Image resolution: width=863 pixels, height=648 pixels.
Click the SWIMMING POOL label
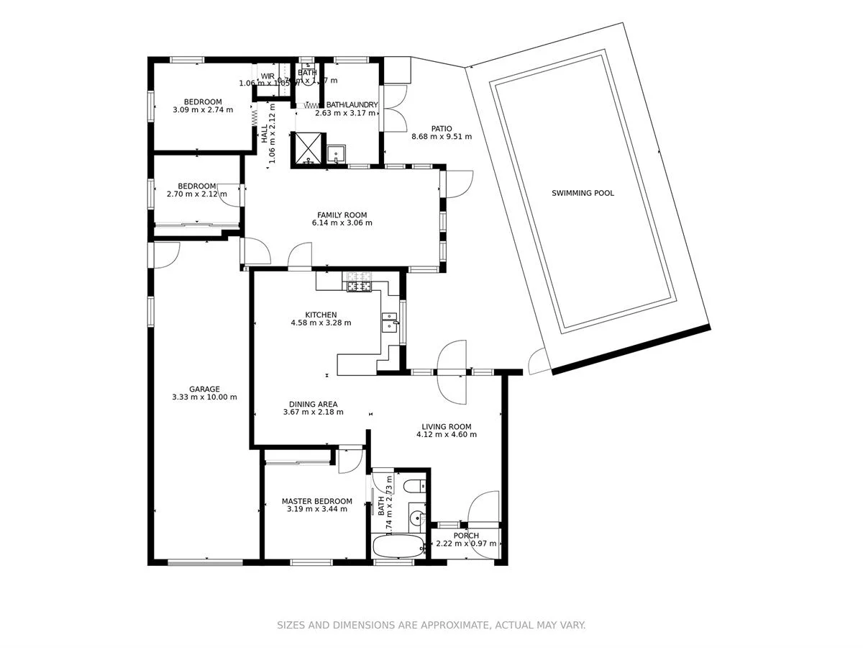(x=583, y=193)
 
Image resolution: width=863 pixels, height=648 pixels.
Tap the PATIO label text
(x=442, y=128)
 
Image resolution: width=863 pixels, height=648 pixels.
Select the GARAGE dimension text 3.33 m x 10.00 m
(x=204, y=397)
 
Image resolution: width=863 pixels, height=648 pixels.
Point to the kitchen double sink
(x=389, y=321)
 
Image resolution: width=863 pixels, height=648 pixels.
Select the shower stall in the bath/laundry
(x=307, y=148)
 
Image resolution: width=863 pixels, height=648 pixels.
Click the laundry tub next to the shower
(x=336, y=154)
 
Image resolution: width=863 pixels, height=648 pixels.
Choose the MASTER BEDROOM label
(x=316, y=501)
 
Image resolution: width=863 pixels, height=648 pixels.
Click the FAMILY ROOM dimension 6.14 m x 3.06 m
(x=342, y=223)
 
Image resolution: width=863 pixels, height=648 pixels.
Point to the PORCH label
(x=466, y=536)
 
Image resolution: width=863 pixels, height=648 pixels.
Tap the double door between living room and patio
(x=453, y=373)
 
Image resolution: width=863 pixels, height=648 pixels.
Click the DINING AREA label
(x=313, y=404)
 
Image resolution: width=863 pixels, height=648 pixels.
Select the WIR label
(x=268, y=76)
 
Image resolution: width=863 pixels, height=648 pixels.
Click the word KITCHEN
(x=321, y=315)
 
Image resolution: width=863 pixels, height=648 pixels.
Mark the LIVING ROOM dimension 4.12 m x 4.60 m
(x=447, y=434)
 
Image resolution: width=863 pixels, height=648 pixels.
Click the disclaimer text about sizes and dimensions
(x=431, y=625)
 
